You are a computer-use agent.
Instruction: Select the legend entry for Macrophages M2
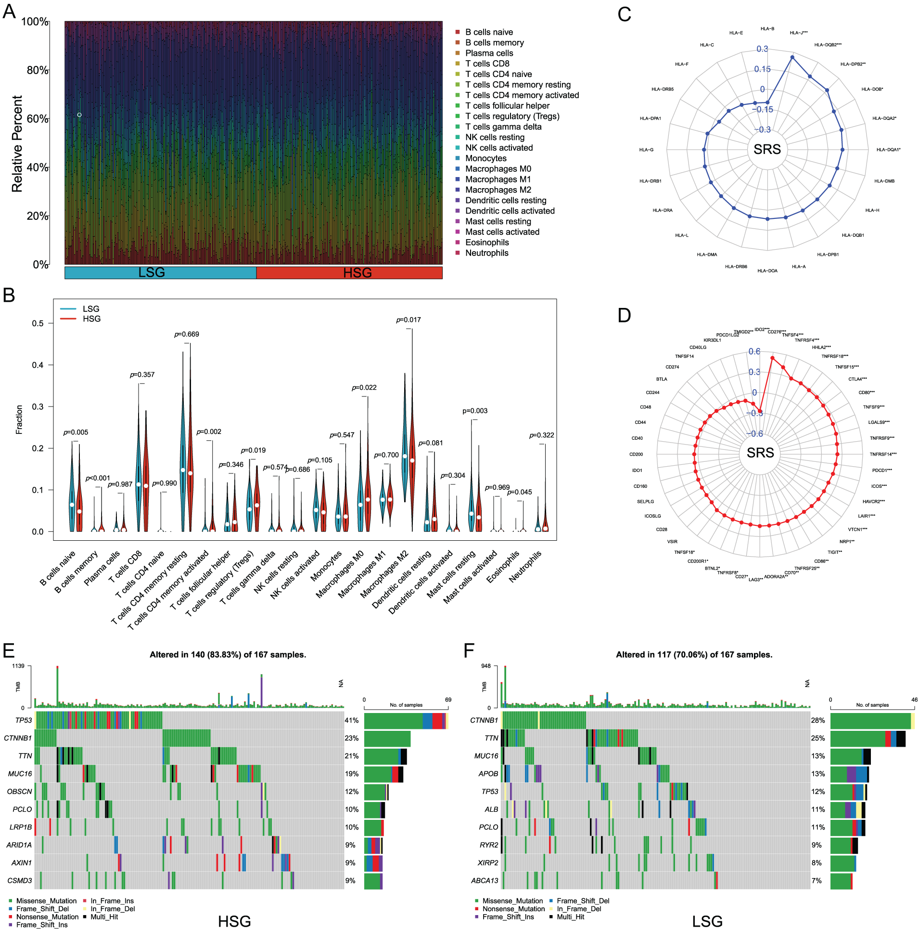coord(498,190)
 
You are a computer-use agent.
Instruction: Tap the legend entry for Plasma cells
coord(489,53)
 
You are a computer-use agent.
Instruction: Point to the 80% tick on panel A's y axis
coord(38,70)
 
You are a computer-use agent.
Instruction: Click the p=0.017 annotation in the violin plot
coord(408,320)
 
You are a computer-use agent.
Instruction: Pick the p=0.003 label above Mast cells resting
coord(475,411)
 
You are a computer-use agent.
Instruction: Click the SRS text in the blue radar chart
coord(767,150)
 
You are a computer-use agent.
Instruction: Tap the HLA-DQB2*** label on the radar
coord(828,45)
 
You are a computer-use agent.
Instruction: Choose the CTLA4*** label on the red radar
coord(857,379)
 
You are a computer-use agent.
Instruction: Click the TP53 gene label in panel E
coord(23,721)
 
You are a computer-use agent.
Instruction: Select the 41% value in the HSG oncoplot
coord(351,721)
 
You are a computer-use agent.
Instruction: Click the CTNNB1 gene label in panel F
coord(484,721)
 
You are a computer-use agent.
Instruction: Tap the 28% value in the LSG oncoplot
coord(817,721)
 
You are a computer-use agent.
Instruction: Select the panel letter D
coord(624,316)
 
